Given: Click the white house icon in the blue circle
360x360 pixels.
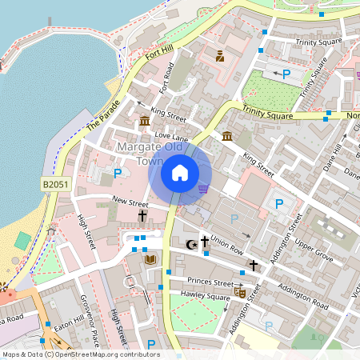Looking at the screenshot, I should pos(180,172).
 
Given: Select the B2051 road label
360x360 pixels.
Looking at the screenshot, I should pos(55,184).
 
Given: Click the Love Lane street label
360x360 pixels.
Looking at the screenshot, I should pos(170,137).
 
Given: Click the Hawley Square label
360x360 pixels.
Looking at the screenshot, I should pos(206,296).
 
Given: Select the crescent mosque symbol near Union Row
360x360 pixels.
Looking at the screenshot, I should pos(190,243).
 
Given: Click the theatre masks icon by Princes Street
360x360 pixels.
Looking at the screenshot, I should pos(239,293).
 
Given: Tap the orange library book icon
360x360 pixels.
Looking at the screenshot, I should pos(149,259).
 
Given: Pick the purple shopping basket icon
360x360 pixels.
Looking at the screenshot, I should pos(203,189).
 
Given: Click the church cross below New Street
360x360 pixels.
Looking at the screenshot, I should pos(142,216).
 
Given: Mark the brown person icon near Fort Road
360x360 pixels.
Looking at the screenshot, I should pos(220,55).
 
